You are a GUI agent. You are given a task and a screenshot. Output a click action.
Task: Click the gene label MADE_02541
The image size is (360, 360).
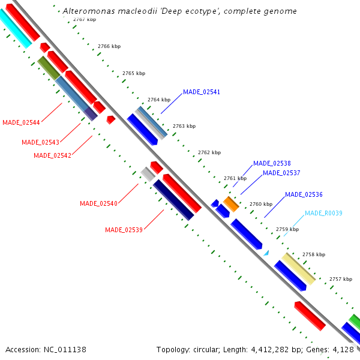pos(202,92)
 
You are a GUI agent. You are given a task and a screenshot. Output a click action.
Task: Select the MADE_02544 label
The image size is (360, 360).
pos(21,122)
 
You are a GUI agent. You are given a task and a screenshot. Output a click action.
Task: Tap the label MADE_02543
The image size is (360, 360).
pos(40,142)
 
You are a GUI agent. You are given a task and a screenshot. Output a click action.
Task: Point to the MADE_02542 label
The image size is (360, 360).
pos(52,155)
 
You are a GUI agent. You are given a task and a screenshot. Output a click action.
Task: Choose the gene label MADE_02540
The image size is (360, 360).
pos(98,203)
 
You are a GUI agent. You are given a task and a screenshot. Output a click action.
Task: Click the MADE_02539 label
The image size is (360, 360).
pos(124,230)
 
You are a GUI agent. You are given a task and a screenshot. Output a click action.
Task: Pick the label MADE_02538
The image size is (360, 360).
pos(272,163)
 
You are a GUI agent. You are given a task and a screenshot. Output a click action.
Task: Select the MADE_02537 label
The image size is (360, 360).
pos(281,173)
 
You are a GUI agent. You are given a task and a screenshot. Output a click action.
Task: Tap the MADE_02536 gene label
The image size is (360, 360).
pos(304,194)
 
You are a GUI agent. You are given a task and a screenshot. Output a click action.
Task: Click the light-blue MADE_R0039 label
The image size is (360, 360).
pos(323,213)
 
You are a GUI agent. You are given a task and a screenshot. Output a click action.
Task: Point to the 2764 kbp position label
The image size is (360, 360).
pos(159,100)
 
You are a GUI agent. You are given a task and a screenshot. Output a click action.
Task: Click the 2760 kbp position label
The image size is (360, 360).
pos(261,204)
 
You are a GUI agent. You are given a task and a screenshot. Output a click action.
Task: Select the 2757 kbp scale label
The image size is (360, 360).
pos(341,279)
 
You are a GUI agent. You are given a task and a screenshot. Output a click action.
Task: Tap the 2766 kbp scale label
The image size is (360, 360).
pos(109,46)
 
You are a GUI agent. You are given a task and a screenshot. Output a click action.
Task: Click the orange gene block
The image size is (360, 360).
pos(231,203)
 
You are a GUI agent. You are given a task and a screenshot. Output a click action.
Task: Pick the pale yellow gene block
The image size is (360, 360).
pos(298,268)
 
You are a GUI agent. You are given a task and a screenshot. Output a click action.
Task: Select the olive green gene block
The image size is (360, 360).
pos(48,68)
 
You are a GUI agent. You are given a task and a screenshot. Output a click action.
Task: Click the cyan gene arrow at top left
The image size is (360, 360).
pos(15,29)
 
